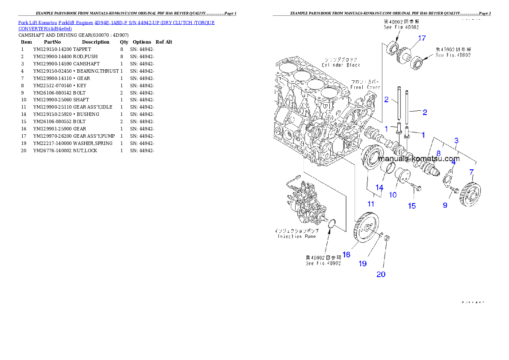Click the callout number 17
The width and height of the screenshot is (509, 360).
[x=422, y=38]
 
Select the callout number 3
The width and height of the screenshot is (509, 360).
[x=456, y=140]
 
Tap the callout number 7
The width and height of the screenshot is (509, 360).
[x=471, y=172]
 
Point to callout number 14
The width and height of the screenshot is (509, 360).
[x=379, y=187]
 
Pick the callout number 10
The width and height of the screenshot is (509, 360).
[x=393, y=195]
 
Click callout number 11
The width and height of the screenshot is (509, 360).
[x=371, y=204]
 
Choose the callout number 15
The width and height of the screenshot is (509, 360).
[x=411, y=206]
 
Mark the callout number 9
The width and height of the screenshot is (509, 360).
[x=445, y=205]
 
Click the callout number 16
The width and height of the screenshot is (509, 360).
[x=346, y=254]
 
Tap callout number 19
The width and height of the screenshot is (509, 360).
[x=362, y=264]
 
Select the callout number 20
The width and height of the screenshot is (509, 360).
[x=381, y=274]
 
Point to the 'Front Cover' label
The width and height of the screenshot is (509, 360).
[x=365, y=84]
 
